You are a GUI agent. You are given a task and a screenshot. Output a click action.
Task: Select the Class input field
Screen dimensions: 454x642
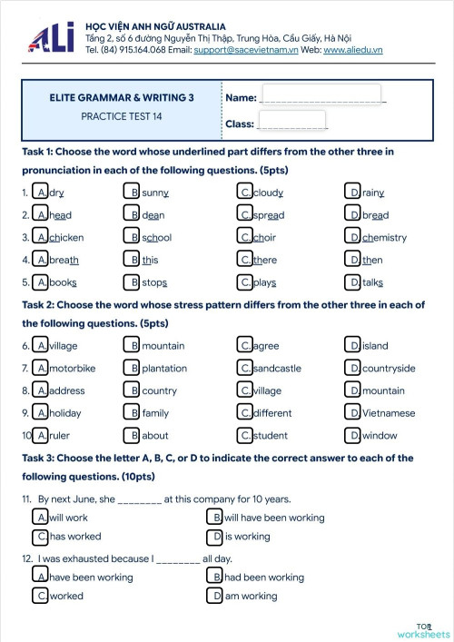[x=292, y=122]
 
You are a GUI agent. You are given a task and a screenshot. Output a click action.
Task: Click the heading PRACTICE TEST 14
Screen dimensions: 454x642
[x=122, y=116]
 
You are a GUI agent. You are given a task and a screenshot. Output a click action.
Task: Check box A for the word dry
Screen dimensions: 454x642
[x=41, y=193]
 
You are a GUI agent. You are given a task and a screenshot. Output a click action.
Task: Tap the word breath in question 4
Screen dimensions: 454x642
[x=64, y=260]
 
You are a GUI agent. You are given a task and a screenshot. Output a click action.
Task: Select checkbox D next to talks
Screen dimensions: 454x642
[x=354, y=281]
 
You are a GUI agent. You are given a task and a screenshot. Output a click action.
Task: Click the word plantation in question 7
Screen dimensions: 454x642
[x=164, y=369]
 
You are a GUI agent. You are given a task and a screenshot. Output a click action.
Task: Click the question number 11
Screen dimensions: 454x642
[x=27, y=499]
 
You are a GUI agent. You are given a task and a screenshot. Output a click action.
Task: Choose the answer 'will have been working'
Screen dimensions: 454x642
[x=274, y=518]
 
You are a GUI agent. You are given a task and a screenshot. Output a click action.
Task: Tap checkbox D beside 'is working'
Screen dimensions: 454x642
[x=216, y=537]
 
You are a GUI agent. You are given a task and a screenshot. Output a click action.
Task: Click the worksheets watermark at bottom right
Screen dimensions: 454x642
[x=423, y=633]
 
